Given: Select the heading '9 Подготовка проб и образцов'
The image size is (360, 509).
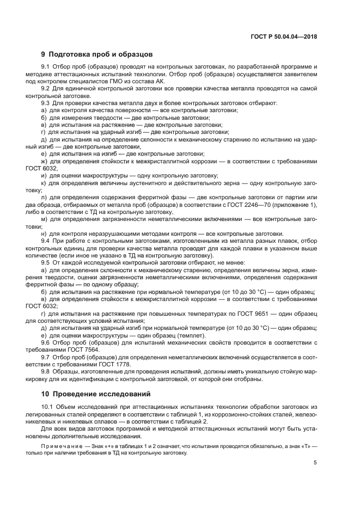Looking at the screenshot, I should (97, 54).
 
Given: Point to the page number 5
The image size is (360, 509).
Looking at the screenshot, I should (315, 463).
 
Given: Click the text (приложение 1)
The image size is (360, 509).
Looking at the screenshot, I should (291, 205).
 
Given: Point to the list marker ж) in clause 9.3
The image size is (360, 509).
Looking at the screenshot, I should (44, 161).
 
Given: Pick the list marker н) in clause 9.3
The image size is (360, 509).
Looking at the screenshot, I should (44, 234).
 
